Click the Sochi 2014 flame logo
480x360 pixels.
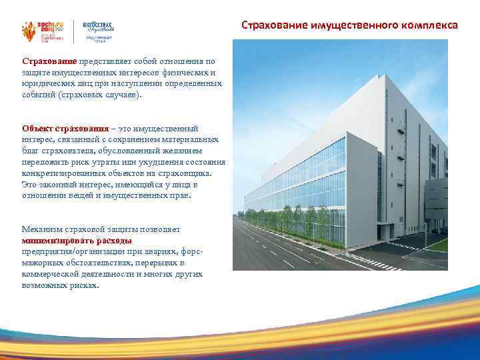[27, 31]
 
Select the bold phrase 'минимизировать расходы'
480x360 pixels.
[77, 241]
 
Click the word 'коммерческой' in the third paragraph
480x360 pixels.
[49, 275]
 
